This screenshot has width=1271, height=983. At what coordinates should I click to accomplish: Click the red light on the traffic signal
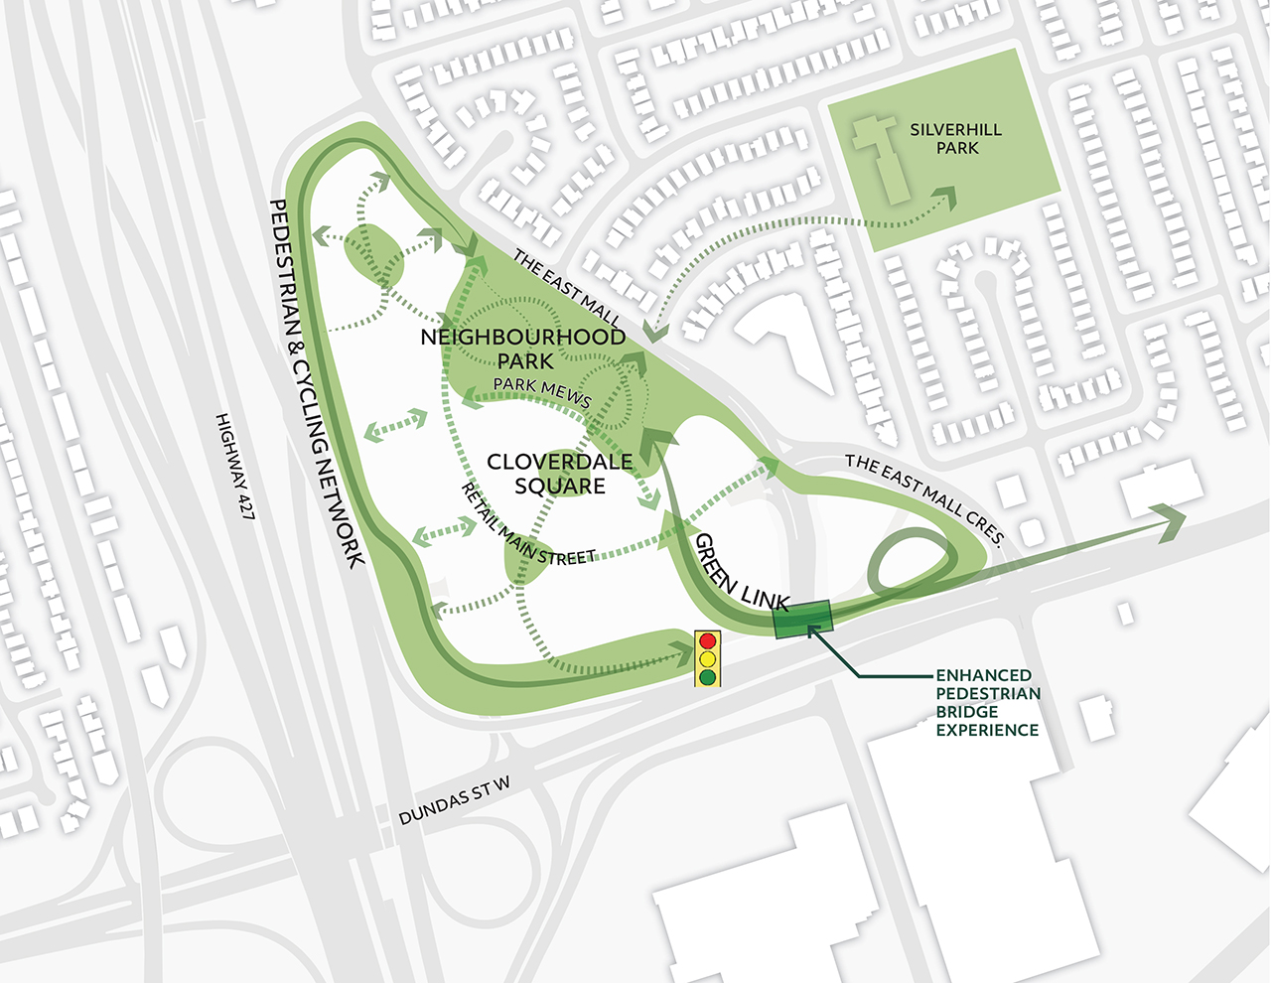point(707,641)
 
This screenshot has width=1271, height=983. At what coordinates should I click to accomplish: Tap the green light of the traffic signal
point(707,677)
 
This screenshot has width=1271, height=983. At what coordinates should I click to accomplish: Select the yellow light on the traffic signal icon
point(707,659)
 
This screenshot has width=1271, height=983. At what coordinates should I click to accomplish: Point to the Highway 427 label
point(234,467)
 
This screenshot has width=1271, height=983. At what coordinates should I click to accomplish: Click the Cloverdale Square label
point(560,474)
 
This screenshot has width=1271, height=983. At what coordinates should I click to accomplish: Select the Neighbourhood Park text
point(523,349)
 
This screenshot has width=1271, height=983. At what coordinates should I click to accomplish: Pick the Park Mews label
point(542,392)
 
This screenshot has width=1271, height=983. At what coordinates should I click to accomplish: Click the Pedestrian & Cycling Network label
point(317,382)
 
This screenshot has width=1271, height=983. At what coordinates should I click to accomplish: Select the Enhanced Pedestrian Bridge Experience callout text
point(987,702)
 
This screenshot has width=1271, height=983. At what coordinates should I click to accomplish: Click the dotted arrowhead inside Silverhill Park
point(945,197)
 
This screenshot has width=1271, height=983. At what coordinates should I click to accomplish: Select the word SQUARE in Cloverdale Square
point(560,487)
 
